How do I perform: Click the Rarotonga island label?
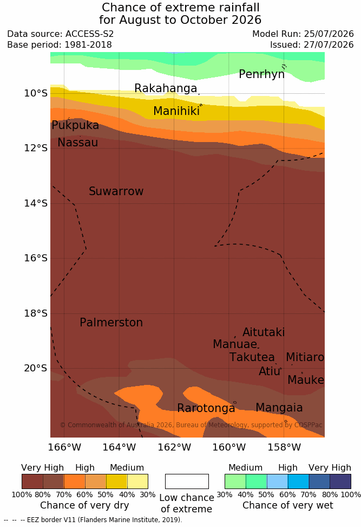[206, 408]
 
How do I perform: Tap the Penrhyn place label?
[262, 74]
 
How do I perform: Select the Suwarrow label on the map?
[116, 191]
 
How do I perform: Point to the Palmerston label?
[111, 323]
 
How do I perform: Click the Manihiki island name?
[176, 111]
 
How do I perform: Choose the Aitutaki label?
[264, 332]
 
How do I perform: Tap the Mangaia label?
[279, 408]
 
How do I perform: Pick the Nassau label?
[78, 143]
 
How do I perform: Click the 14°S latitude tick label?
[36, 203]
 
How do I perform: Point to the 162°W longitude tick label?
[174, 447]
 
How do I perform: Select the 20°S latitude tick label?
[36, 368]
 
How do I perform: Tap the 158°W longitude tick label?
[284, 447]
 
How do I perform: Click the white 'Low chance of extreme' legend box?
[187, 481]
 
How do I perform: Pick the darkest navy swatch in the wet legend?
[340, 481]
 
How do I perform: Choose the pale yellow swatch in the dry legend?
[137, 481]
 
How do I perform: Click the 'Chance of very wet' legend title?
[288, 505]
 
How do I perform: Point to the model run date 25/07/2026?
[329, 34]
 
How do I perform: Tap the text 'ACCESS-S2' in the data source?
[90, 34]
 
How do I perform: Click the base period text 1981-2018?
[88, 44]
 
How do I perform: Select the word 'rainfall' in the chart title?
[233, 8]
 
